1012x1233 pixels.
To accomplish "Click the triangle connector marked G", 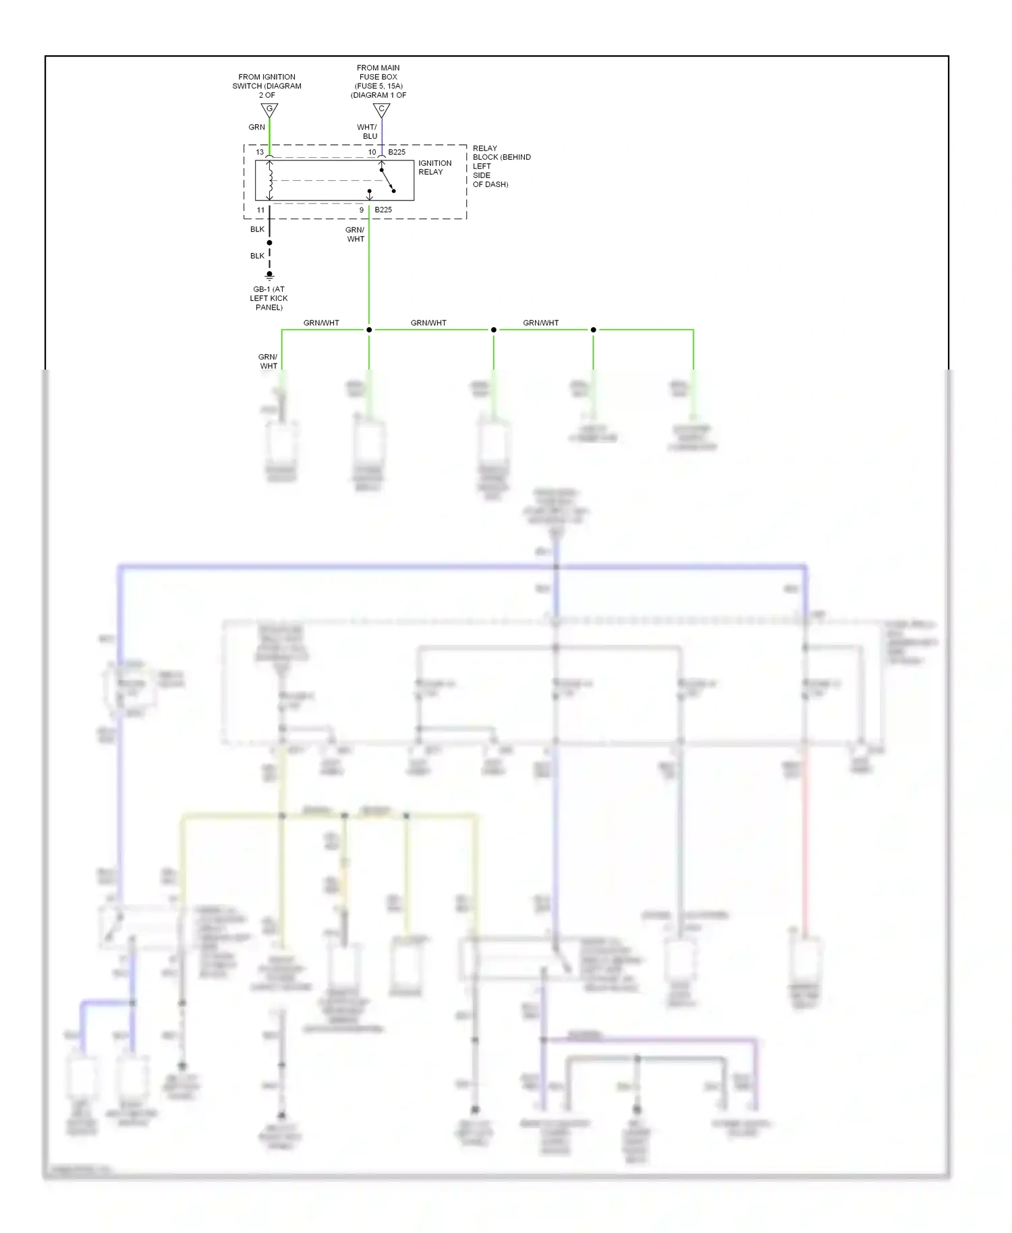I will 269,109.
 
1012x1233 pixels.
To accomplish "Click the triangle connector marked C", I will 381,109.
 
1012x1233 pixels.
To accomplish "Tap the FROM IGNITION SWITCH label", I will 266,86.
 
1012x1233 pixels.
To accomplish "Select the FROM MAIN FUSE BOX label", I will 378,81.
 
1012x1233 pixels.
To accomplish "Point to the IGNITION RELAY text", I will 434,167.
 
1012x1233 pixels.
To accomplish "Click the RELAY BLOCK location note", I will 501,166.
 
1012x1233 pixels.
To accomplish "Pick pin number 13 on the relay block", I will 260,152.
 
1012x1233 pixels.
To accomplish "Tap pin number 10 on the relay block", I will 372,152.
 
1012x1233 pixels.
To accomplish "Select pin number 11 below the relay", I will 260,210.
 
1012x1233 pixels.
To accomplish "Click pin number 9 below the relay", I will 362,210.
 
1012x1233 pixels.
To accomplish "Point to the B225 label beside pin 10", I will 397,152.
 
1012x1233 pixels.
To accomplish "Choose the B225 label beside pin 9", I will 383,210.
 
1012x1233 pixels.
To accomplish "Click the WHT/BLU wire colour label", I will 368,132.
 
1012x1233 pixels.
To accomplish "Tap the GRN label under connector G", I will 256,127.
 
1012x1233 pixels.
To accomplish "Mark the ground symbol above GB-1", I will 269,276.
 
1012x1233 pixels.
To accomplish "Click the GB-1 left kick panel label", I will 269,298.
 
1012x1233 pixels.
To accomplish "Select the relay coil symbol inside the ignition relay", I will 270,179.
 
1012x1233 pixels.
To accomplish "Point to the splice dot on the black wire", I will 269,243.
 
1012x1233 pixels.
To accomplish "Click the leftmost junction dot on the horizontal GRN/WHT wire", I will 369,330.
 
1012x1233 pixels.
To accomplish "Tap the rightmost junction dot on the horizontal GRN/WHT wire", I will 593,330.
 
